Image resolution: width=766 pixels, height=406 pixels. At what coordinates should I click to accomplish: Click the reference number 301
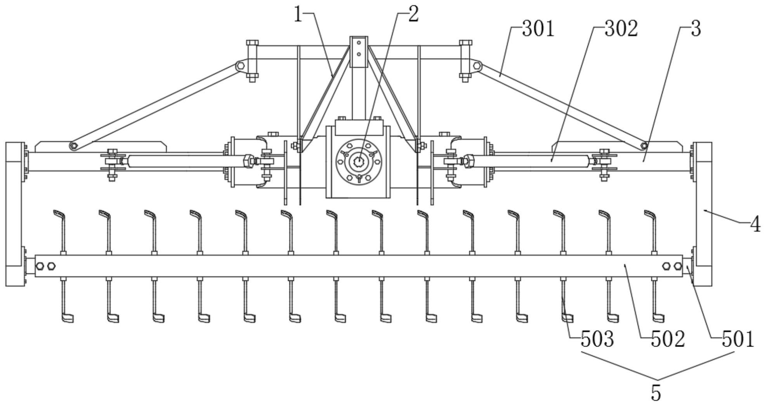click(x=538, y=29)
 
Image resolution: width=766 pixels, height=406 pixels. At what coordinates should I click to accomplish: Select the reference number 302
click(x=621, y=29)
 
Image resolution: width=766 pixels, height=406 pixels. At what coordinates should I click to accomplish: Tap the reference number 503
click(x=597, y=340)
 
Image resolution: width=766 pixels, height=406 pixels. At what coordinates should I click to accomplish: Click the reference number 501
click(x=738, y=340)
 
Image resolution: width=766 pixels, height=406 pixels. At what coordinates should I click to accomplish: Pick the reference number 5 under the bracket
click(x=656, y=393)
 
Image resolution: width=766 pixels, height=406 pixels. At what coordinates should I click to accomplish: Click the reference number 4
click(x=755, y=225)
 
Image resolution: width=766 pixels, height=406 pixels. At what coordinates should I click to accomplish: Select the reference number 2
click(x=413, y=15)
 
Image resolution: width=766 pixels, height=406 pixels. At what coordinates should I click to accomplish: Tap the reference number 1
click(x=298, y=15)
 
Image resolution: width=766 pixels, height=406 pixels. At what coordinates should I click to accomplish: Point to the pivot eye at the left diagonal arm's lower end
click(x=73, y=146)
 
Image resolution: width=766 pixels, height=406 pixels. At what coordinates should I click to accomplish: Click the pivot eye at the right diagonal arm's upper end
click(x=477, y=66)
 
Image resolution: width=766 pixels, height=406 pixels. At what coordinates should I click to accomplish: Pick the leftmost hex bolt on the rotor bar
click(x=40, y=266)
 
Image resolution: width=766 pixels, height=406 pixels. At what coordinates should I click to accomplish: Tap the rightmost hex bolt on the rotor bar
click(x=677, y=266)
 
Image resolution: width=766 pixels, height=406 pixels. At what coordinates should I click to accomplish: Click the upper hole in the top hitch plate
click(x=359, y=42)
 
